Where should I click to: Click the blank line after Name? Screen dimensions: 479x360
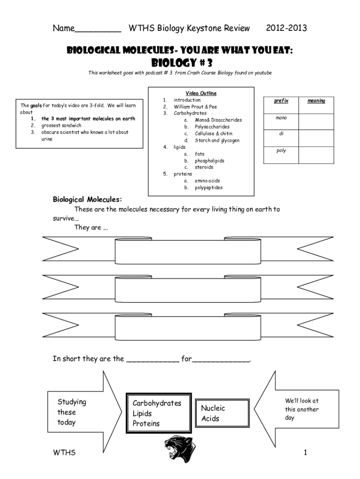pyautogui.click(x=98, y=29)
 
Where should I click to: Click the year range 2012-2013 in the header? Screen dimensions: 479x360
pyautogui.click(x=286, y=29)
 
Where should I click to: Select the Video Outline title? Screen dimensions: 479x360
pyautogui.click(x=201, y=94)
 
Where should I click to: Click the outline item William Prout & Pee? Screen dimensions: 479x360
pyautogui.click(x=195, y=107)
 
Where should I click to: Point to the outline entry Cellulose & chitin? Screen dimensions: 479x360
pyautogui.click(x=213, y=134)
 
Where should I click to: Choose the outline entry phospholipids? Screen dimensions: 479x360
pyautogui.click(x=209, y=160)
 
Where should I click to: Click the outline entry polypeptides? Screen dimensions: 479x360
pyautogui.click(x=209, y=188)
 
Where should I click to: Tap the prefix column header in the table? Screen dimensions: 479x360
pyautogui.click(x=281, y=101)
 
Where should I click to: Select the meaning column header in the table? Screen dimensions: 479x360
pyautogui.click(x=317, y=101)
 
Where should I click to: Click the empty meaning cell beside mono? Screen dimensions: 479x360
pyautogui.click(x=317, y=121)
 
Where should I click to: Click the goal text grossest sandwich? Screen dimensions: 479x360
pyautogui.click(x=61, y=125)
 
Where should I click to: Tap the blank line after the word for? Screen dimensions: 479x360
pyautogui.click(x=221, y=360)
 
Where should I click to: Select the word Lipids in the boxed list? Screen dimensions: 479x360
pyautogui.click(x=142, y=414)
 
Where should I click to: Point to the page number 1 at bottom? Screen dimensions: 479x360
pyautogui.click(x=305, y=452)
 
